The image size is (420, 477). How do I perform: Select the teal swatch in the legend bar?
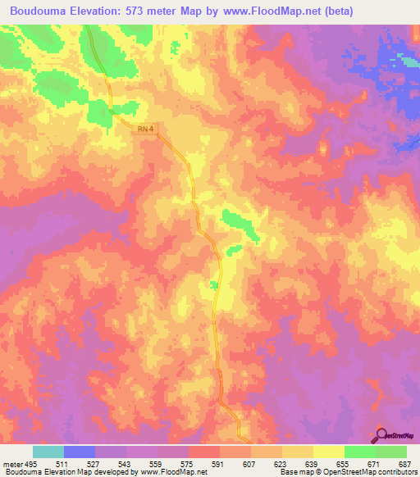pos(48,452)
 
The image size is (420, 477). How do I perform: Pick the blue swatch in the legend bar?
pos(80,452)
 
